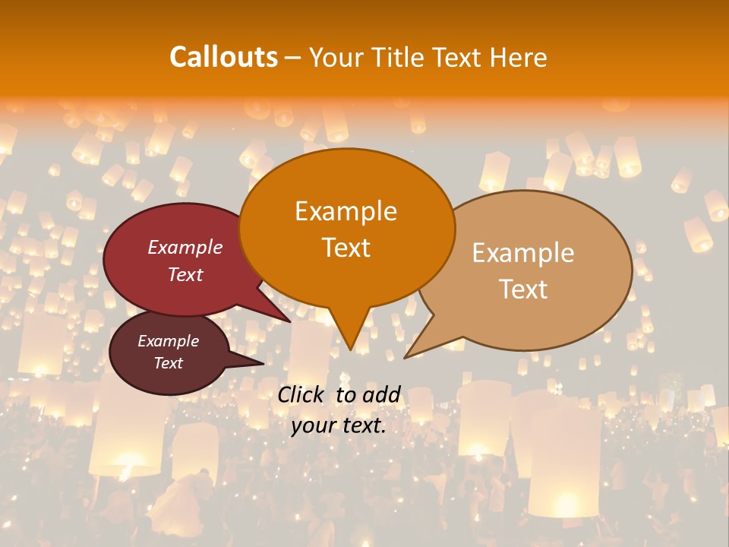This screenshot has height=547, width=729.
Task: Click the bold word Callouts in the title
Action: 223,57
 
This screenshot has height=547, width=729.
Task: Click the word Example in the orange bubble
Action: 346,211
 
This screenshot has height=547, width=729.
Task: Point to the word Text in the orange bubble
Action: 346,248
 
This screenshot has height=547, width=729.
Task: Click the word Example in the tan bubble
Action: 523,253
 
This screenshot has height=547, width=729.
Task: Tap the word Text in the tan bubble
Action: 523,289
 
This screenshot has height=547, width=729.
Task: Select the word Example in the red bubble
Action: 185,247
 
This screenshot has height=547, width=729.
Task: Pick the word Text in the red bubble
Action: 185,274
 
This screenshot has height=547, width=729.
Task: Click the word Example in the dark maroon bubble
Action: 168,341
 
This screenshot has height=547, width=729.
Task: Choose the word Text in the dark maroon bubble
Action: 168,363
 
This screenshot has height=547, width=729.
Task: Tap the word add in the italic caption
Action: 381,395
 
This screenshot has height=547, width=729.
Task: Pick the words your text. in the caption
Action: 338,425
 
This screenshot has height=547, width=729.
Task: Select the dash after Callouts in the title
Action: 293,57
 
